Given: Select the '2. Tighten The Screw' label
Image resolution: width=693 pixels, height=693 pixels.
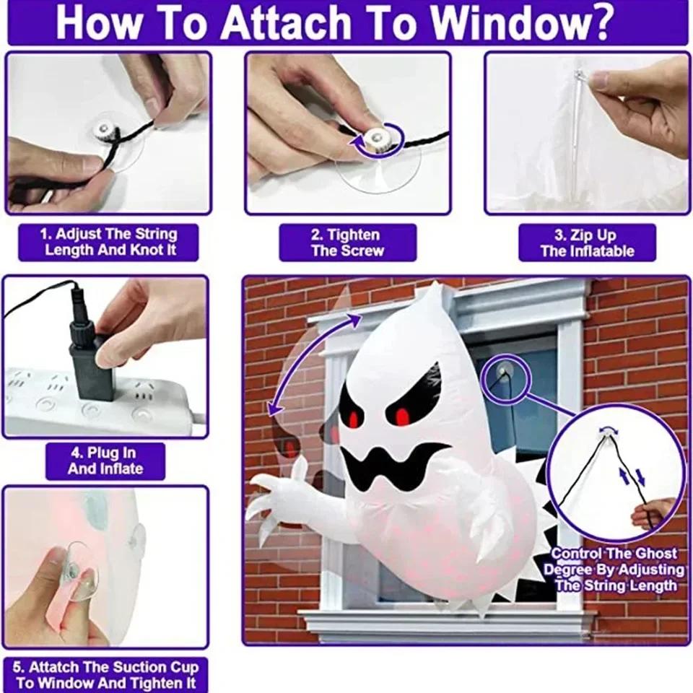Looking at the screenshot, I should pyautogui.click(x=347, y=243).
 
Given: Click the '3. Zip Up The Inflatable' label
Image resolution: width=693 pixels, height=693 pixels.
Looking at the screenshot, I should pyautogui.click(x=587, y=243).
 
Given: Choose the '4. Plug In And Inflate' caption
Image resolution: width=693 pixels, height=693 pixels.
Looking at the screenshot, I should pyautogui.click(x=105, y=461).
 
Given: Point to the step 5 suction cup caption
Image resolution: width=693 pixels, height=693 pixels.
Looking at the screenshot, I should pyautogui.click(x=105, y=675).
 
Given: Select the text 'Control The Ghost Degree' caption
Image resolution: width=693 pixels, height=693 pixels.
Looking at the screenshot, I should pyautogui.click(x=614, y=569).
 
